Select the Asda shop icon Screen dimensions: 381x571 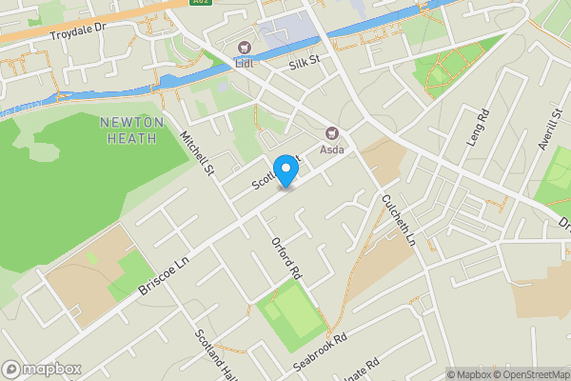pos(332,134)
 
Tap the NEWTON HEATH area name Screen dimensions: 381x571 pos(132,130)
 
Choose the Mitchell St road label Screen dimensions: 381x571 pos(199,153)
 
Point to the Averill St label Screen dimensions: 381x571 pos(551,127)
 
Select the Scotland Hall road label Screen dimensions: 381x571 pos(213,354)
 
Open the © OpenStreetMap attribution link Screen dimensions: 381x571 pos(531,373)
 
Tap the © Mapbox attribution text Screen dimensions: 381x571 pos(469,373)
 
